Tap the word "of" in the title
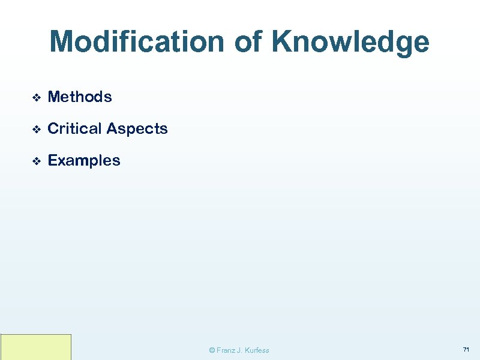click(x=250, y=43)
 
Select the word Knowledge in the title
click(x=350, y=43)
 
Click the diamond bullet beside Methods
click(x=35, y=97)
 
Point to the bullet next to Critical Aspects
click(x=35, y=129)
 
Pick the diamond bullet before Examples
click(x=35, y=161)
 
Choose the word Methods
click(x=79, y=97)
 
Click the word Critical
click(x=74, y=128)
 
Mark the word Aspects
click(x=137, y=129)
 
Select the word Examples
click(x=83, y=161)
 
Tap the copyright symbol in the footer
click(x=211, y=350)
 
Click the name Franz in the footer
click(x=226, y=350)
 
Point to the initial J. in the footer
click(x=240, y=350)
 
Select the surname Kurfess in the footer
click(x=257, y=350)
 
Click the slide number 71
click(x=466, y=349)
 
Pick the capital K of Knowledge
click(x=282, y=43)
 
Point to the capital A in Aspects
click(x=112, y=128)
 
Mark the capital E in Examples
click(x=52, y=161)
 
